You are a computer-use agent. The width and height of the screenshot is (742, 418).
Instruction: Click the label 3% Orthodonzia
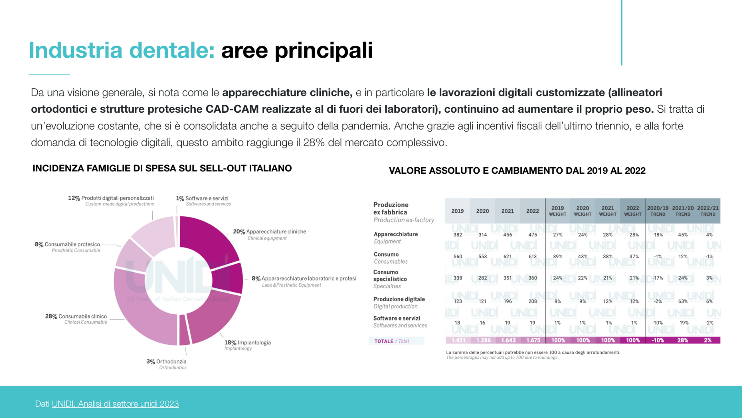[x=167, y=361]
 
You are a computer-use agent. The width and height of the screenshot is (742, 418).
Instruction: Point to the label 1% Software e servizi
[x=203, y=198]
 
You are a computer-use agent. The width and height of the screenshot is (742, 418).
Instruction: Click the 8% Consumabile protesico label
[x=68, y=245]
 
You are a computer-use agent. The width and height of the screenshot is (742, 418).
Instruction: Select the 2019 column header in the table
[x=458, y=211]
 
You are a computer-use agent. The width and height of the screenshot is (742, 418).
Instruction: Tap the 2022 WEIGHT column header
[x=633, y=211]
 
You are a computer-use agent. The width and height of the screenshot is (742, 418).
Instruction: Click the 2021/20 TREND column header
[x=683, y=211]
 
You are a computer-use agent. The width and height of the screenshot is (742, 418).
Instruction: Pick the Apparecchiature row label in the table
[x=396, y=234]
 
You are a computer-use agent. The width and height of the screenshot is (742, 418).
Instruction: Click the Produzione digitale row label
[x=399, y=299]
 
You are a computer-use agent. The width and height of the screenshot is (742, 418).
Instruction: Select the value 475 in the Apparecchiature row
[x=533, y=235]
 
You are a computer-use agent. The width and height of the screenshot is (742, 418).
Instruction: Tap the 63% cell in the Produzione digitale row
[x=683, y=302]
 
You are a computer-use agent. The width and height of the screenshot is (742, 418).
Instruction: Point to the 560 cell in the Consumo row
[x=458, y=257]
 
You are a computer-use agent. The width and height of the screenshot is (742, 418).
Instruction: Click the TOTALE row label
[x=384, y=341]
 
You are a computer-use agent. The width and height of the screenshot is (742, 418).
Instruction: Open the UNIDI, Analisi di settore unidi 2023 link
[x=115, y=404]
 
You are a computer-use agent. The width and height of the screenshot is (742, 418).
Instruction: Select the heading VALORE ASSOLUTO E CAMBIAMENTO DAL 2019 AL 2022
[x=517, y=171]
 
